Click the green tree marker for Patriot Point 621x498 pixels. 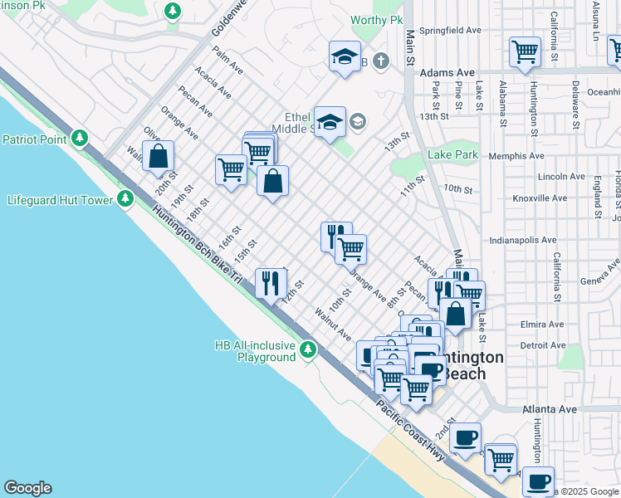79,138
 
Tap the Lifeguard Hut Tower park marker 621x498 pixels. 125,199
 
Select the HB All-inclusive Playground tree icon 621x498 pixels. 308,349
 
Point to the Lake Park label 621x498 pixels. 452,154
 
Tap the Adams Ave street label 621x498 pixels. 446,73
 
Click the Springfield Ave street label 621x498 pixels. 451,30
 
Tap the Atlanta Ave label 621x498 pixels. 549,409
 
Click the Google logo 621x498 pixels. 27,488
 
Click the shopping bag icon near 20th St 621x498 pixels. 158,155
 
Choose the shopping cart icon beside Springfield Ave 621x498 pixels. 525,51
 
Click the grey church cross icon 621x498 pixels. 380,61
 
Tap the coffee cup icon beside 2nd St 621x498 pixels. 465,435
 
